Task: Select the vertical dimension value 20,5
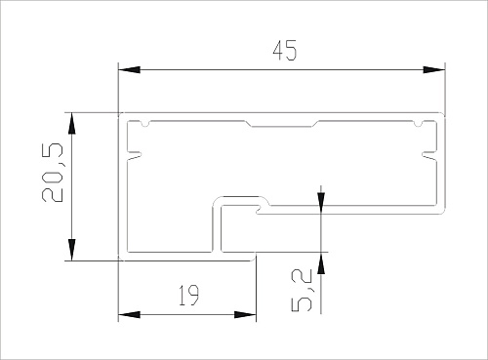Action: (x=53, y=173)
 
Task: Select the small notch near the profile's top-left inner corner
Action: (x=145, y=126)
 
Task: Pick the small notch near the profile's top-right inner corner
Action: (x=419, y=126)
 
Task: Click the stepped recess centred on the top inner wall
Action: (x=282, y=126)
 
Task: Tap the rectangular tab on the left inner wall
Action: (x=133, y=154)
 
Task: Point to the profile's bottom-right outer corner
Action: (x=445, y=211)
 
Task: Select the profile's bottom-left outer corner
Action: (x=119, y=260)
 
